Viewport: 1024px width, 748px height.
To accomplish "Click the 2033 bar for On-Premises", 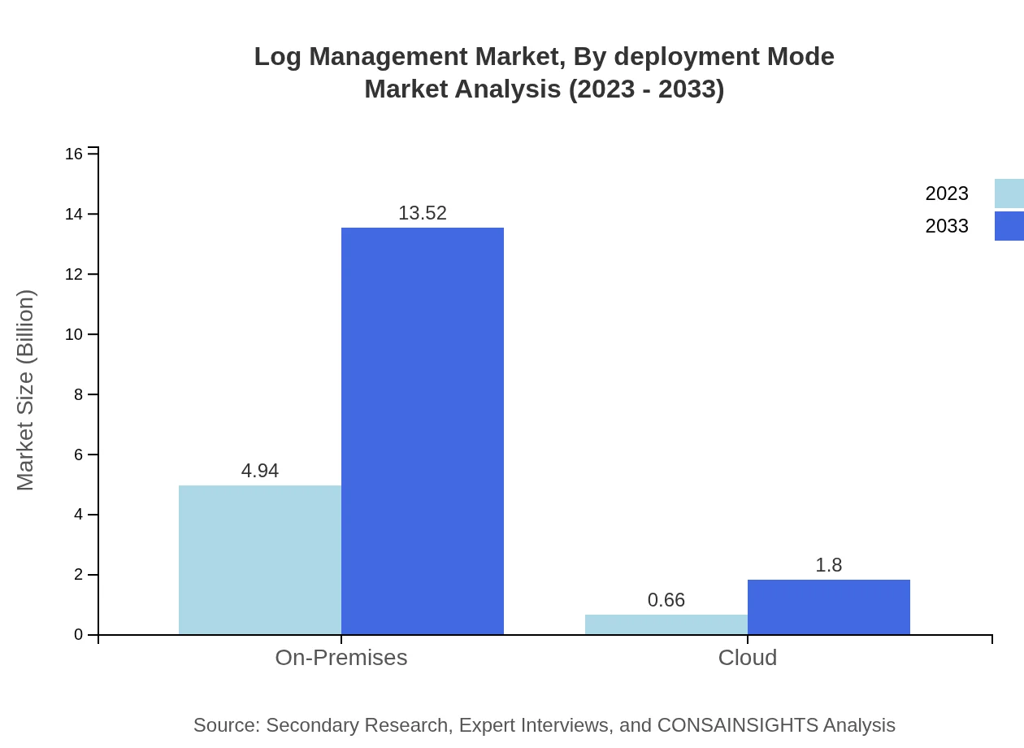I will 423,431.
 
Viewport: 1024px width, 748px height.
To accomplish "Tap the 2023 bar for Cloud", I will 666,624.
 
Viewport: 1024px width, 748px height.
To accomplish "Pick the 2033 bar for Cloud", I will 829,607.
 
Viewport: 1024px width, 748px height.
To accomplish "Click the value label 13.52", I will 423,213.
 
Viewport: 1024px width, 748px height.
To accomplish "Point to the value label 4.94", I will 260,471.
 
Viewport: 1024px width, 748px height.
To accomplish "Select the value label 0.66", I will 666,600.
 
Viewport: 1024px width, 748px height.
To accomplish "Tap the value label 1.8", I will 829,565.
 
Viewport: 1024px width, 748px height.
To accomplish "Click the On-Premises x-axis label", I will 341,657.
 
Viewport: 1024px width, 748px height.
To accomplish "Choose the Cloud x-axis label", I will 748,657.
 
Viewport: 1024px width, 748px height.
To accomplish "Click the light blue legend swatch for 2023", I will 1009,194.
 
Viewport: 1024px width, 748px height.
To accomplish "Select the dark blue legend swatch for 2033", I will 1009,226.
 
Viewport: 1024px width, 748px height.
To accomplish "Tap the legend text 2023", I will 947,194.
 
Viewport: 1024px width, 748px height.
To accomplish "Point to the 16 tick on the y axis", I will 74,154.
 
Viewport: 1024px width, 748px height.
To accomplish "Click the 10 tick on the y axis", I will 74,334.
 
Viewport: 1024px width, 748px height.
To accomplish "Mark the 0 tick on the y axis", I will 79,635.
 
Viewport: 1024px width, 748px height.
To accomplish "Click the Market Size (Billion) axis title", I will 26,390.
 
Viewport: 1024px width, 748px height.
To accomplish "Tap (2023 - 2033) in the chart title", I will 646,89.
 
